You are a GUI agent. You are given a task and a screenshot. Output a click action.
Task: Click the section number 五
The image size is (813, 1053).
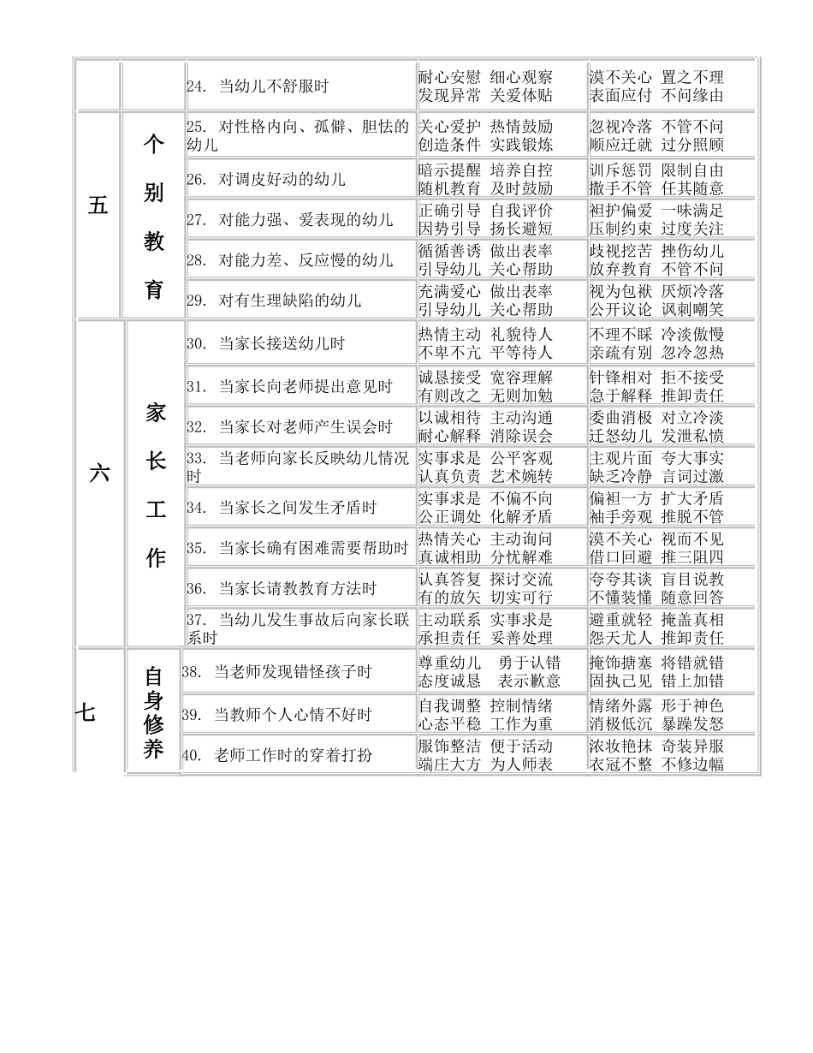98,205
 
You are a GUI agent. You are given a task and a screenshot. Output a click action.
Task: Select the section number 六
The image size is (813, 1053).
99,473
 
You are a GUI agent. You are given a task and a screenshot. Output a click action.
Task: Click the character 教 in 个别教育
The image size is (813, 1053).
154,242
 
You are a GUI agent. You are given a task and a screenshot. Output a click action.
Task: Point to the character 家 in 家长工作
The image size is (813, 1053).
156,413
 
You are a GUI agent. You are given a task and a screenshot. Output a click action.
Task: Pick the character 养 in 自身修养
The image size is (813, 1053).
153,750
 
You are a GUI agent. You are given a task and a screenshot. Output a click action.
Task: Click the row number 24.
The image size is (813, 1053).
196,86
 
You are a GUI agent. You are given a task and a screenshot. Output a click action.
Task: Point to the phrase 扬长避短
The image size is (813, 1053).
521,229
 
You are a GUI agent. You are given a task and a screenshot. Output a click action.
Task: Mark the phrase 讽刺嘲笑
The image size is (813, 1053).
692,309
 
